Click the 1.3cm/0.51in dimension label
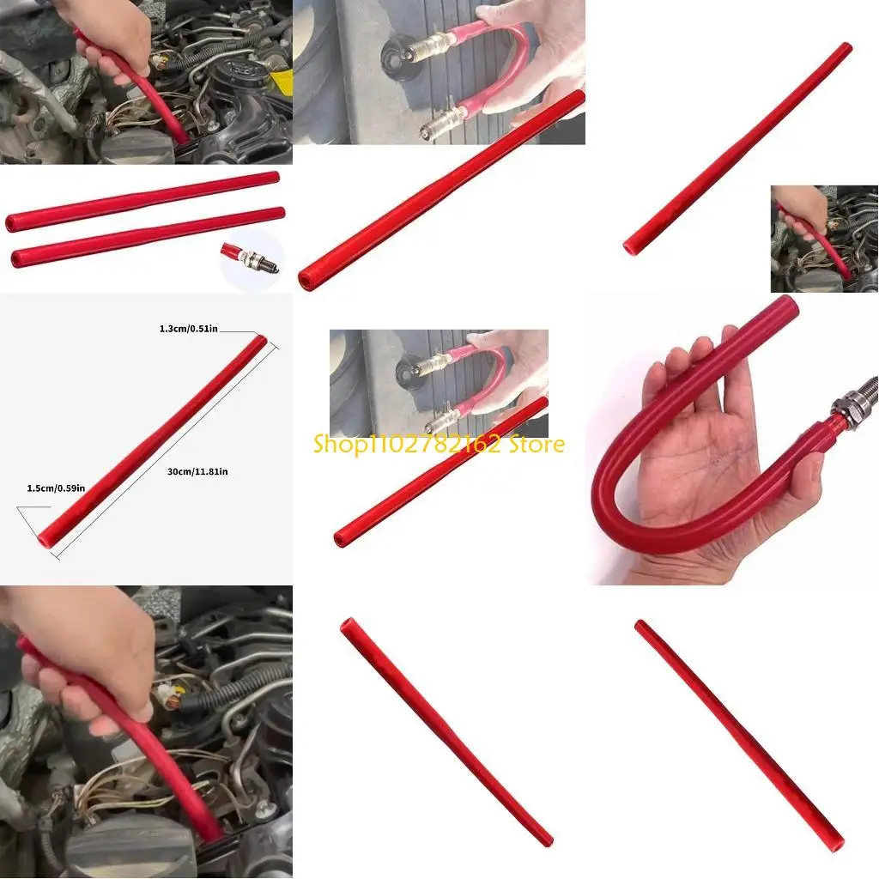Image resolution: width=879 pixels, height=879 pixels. [x=189, y=327]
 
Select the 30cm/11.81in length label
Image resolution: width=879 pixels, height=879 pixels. [x=198, y=471]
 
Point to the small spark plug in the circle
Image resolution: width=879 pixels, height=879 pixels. [x=249, y=258]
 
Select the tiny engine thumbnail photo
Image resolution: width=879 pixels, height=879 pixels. [x=823, y=238]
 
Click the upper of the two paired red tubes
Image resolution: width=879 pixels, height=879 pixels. [x=142, y=201]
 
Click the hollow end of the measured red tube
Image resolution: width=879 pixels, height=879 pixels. [x=44, y=542]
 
